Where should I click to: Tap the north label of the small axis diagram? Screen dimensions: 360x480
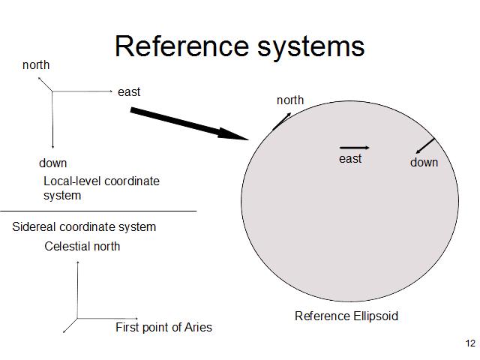pos(36,65)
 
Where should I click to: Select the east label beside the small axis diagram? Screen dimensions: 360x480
pos(129,92)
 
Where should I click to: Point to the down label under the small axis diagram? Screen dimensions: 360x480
pos(52,163)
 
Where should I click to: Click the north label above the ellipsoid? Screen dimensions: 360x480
pos(290,100)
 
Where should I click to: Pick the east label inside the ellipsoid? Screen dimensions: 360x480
pos(350,158)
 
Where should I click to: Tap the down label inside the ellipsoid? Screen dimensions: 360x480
pos(424,162)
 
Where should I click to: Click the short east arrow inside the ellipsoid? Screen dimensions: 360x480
pos(354,148)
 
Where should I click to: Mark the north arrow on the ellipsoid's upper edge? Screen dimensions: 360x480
pos(283,120)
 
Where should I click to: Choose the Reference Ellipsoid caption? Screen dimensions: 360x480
pos(346,316)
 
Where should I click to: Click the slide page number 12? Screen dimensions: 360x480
pos(470,343)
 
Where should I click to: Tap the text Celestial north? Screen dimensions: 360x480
pos(82,246)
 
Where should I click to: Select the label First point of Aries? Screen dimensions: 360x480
pos(163,327)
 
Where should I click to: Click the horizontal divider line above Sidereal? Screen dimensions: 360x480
pos(97,211)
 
